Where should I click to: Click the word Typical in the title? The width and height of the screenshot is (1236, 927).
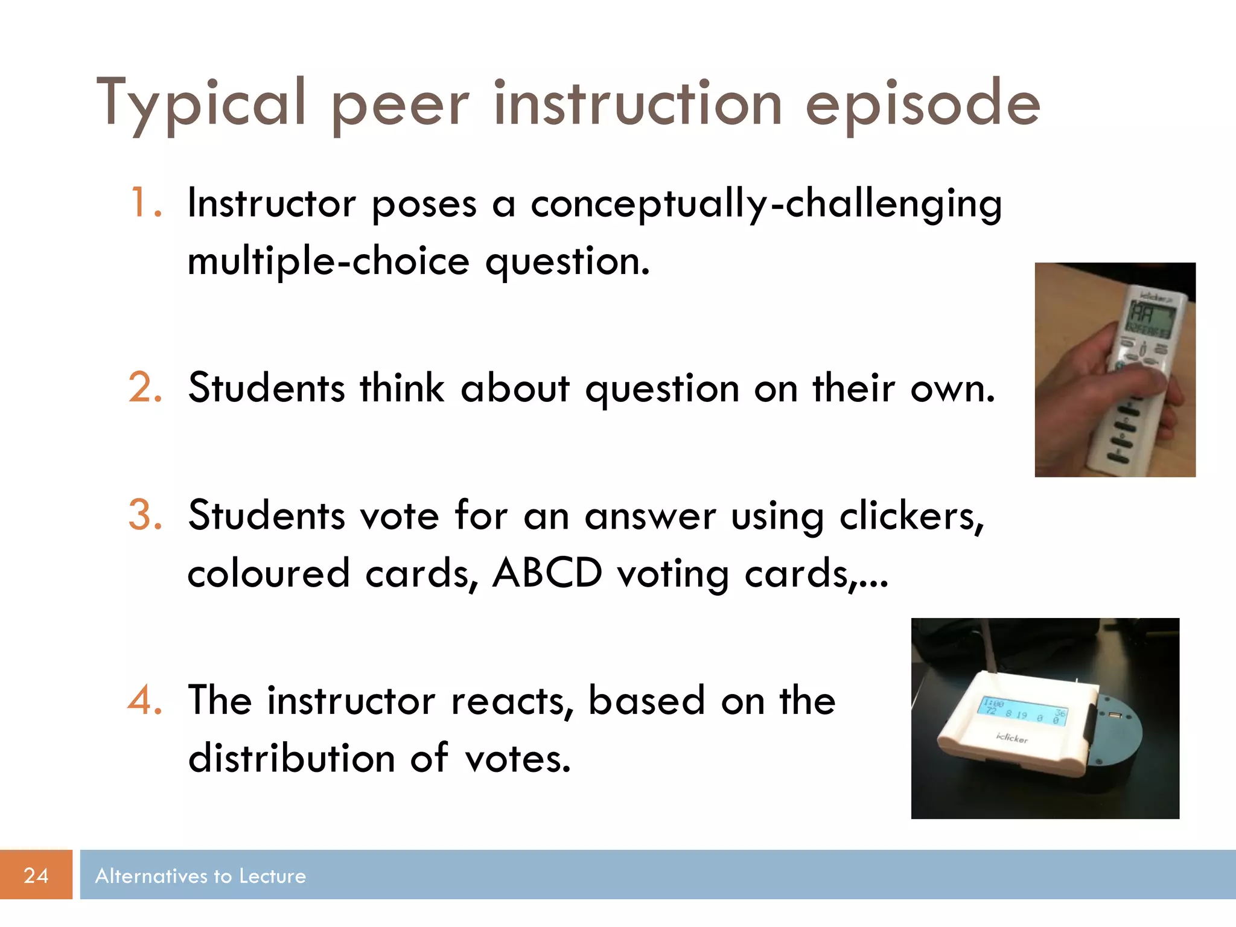(202, 104)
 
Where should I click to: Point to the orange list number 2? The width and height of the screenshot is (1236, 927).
(145, 387)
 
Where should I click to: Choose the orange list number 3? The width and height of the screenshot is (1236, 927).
(145, 515)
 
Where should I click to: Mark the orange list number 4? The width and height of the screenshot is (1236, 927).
(145, 700)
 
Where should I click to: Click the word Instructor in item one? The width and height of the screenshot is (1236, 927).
(272, 203)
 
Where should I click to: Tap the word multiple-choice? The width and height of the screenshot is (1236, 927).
(328, 261)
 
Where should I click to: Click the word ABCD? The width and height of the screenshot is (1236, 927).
(547, 573)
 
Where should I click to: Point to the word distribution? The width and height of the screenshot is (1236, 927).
(291, 758)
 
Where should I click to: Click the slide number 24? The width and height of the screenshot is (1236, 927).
(36, 875)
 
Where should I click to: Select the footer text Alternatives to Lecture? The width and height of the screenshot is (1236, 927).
(200, 876)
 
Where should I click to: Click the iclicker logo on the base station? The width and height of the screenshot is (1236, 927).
(1011, 737)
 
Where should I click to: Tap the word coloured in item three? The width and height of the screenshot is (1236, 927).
(269, 573)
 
